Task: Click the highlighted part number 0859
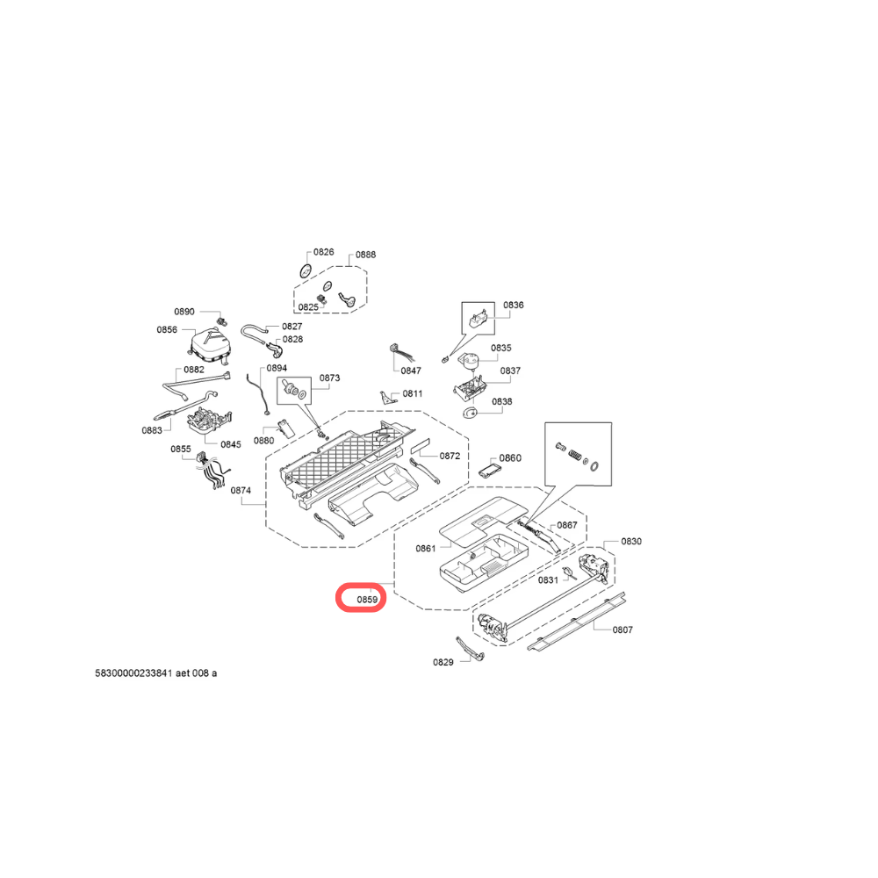pos(366,601)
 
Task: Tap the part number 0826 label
pos(324,252)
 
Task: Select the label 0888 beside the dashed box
pos(365,255)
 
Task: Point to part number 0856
pos(167,330)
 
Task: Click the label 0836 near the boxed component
pos(513,306)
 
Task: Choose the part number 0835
pos(500,349)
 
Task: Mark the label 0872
pos(450,457)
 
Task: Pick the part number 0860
pos(510,458)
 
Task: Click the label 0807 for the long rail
pos(623,630)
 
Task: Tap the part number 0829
pos(443,662)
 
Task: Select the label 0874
pos(241,491)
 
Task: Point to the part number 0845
pos(230,444)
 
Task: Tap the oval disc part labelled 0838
pos(469,414)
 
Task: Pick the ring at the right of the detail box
pos(596,465)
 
